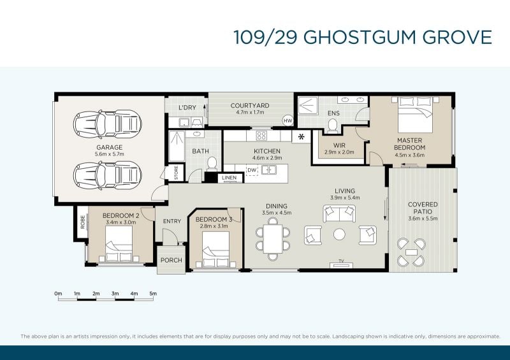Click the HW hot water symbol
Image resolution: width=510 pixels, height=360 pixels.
[288, 120]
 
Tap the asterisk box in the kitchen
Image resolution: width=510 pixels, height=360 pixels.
[301, 137]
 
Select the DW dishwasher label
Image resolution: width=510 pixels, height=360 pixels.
[252, 170]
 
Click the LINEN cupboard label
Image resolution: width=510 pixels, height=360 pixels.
[229, 178]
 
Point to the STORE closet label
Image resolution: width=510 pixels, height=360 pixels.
[177, 173]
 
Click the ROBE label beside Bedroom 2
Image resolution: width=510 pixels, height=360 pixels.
[83, 222]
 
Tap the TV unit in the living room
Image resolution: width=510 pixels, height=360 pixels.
[341, 264]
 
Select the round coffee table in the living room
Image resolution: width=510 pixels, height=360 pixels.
[339, 234]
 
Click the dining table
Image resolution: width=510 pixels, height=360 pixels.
[273, 239]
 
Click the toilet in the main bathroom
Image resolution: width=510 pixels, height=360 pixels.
[212, 164]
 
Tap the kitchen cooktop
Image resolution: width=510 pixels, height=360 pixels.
[261, 136]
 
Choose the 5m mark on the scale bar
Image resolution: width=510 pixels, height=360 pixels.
[153, 293]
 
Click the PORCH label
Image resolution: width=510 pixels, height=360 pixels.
[171, 260]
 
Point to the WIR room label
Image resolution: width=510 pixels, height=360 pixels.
[339, 145]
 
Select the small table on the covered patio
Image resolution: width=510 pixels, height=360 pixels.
[411, 252]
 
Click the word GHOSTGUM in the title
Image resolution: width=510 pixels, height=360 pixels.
[360, 37]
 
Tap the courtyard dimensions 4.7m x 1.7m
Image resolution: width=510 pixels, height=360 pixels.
[250, 112]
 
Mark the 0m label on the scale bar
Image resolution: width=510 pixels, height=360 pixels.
[58, 293]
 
